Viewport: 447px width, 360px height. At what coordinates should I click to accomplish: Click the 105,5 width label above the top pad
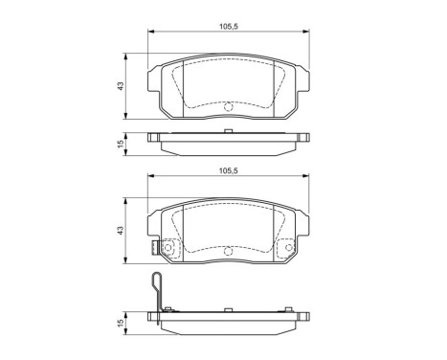coord(229,27)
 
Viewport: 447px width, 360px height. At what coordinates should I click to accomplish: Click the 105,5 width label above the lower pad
coord(229,171)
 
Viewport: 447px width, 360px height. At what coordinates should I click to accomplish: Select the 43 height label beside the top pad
coord(121,86)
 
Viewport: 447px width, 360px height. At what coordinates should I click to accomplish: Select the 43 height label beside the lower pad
coord(121,231)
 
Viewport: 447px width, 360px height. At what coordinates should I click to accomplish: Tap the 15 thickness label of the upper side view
coord(121,145)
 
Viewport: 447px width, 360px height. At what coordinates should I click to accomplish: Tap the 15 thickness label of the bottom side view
coord(121,323)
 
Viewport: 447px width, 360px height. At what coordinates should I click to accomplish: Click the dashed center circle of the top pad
coord(229,106)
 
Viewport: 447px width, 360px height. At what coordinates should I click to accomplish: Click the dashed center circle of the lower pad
coord(228,251)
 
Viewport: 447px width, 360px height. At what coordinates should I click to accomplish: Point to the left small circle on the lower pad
coord(168,247)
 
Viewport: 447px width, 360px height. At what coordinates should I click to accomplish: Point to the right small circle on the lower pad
coord(288,247)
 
